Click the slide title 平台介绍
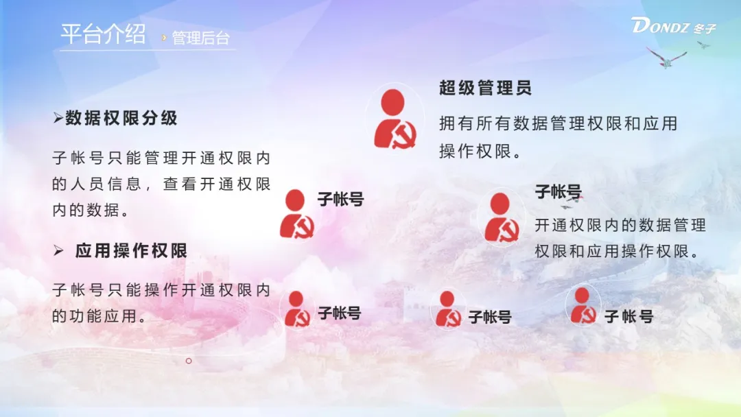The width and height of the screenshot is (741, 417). tap(103, 34)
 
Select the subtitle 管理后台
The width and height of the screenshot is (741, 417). tap(201, 38)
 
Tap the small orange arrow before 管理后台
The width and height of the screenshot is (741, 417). tap(164, 37)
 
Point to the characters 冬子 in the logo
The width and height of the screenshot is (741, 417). tap(705, 29)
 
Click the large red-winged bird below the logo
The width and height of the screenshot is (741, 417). tap(666, 58)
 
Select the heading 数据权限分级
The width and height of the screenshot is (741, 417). tap(121, 117)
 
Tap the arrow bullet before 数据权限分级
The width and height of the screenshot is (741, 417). tap(58, 118)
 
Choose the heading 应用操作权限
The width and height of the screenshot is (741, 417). tap(131, 250)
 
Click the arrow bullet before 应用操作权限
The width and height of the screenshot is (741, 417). tap(58, 250)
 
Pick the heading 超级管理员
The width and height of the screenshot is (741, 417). tap(485, 88)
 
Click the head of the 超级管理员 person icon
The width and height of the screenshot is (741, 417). tap(392, 102)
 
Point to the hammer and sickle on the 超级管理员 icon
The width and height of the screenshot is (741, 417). tap(404, 136)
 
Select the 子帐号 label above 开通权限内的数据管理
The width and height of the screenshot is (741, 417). tap(558, 192)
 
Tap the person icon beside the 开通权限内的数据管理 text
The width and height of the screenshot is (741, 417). tap(501, 217)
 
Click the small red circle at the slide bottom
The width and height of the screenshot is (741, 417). tap(189, 361)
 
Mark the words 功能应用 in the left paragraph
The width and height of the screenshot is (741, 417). tap(103, 316)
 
